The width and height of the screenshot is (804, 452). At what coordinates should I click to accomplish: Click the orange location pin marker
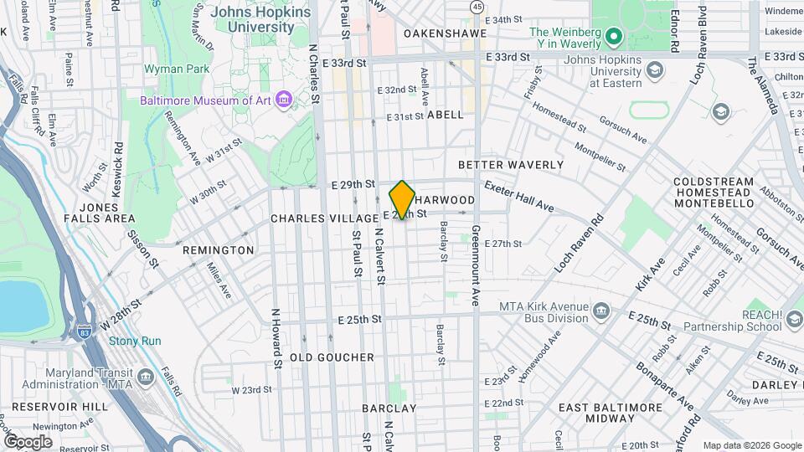[402, 199]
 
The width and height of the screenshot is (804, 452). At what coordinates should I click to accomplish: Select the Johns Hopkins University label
[260, 19]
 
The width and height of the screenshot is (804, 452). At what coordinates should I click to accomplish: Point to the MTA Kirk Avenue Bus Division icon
[601, 312]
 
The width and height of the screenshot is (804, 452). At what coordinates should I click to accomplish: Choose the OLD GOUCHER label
[332, 357]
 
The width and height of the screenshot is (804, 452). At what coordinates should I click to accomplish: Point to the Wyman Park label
[170, 69]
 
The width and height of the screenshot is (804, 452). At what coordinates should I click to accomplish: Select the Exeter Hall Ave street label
[518, 195]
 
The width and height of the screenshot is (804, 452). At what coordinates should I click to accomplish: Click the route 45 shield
[477, 7]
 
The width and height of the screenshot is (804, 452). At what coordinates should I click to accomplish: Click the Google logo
[28, 441]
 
